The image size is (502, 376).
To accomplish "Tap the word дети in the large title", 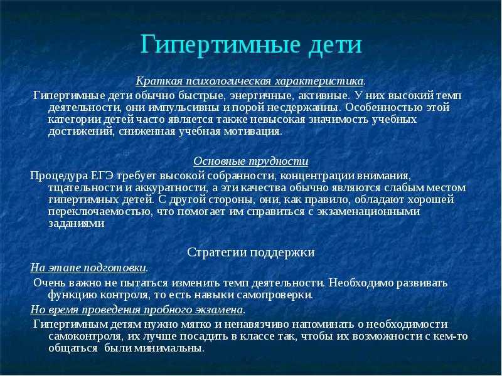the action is pos(335,44).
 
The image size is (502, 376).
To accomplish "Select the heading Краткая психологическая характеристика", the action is pos(250,81).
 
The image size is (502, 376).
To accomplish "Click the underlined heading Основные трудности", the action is pos(250,161).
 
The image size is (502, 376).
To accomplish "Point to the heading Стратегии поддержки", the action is pos(250,253).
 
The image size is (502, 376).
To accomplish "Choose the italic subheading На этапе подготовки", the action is pos(89,268).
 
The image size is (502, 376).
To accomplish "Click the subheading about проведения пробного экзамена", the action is pos(137,310).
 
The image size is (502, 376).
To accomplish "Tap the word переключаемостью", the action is pos(99,212).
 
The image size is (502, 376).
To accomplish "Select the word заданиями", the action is pos(77,224).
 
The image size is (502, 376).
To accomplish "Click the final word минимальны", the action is pos(169,348).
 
